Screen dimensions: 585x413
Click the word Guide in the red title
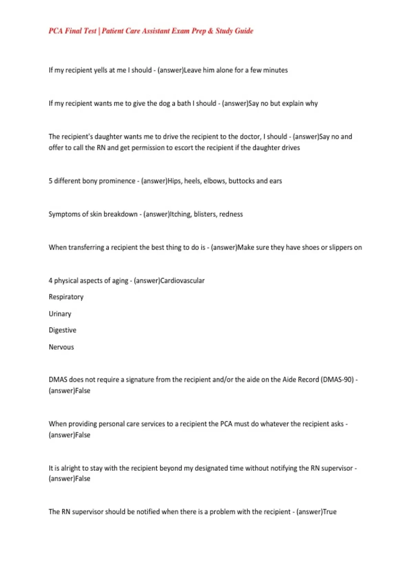coord(244,31)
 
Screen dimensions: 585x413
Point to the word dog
coord(164,104)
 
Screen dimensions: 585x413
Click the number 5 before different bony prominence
coord(51,181)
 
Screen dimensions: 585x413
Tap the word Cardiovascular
coord(182,281)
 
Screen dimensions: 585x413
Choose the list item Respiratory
coord(66,297)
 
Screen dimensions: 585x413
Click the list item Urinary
coord(60,314)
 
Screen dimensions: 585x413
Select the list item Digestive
coord(62,330)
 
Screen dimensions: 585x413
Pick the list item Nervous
coord(61,347)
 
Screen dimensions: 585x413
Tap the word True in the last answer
coord(329,512)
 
